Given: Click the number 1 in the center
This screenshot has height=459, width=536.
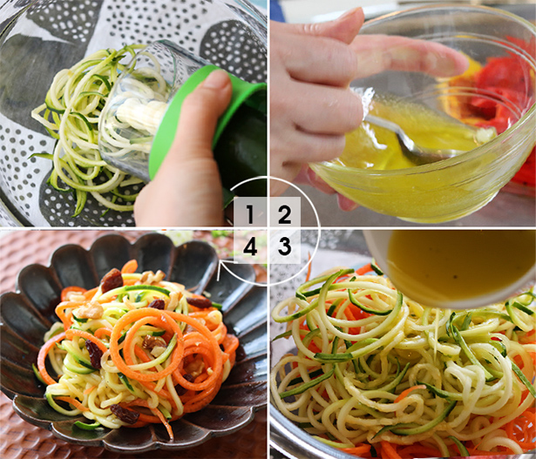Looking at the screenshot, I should point(250,213).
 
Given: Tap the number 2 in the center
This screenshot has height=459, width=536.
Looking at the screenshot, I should point(283,213).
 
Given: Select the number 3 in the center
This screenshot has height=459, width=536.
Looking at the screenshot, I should point(283,246).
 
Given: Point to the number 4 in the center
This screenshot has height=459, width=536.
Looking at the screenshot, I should point(250,246).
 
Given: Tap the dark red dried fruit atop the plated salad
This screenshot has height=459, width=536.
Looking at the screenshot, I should point(112,280).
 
